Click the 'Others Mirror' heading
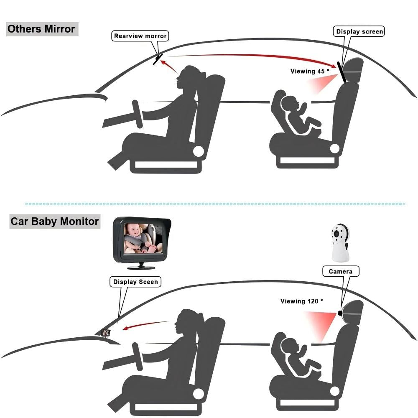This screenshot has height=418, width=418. pos(41,29)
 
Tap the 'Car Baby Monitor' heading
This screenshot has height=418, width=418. pos(55,221)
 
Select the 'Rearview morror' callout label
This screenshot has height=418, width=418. pos(140,36)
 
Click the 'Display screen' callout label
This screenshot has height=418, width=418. pos(359,31)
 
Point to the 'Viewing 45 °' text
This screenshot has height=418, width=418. pos(310,71)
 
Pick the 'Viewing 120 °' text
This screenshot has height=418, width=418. pos(302,301)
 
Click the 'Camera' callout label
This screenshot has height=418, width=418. pos(341,271)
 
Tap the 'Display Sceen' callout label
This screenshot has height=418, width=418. pos(135,282)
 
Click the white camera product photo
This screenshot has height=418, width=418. pos(340,243)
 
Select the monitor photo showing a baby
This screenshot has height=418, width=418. pos(142,243)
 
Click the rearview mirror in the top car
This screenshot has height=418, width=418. pos(158,59)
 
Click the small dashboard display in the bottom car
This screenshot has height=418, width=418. pos(106,333)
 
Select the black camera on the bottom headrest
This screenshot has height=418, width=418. pos(340,313)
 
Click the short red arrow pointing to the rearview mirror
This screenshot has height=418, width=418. pos(169,66)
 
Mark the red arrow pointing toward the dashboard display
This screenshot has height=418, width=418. pos(146,325)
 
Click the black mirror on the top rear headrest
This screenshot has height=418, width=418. pos(342,72)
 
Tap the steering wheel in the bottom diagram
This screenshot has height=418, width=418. pos(138,357)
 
